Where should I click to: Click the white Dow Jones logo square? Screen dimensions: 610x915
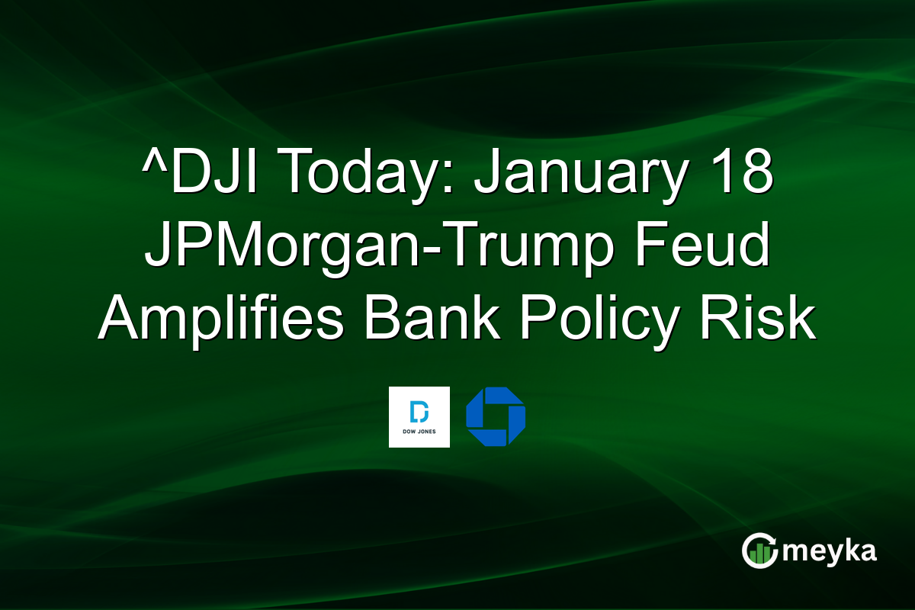419,417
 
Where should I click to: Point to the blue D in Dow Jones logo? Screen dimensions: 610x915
419,412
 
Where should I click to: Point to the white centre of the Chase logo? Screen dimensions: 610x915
496,417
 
